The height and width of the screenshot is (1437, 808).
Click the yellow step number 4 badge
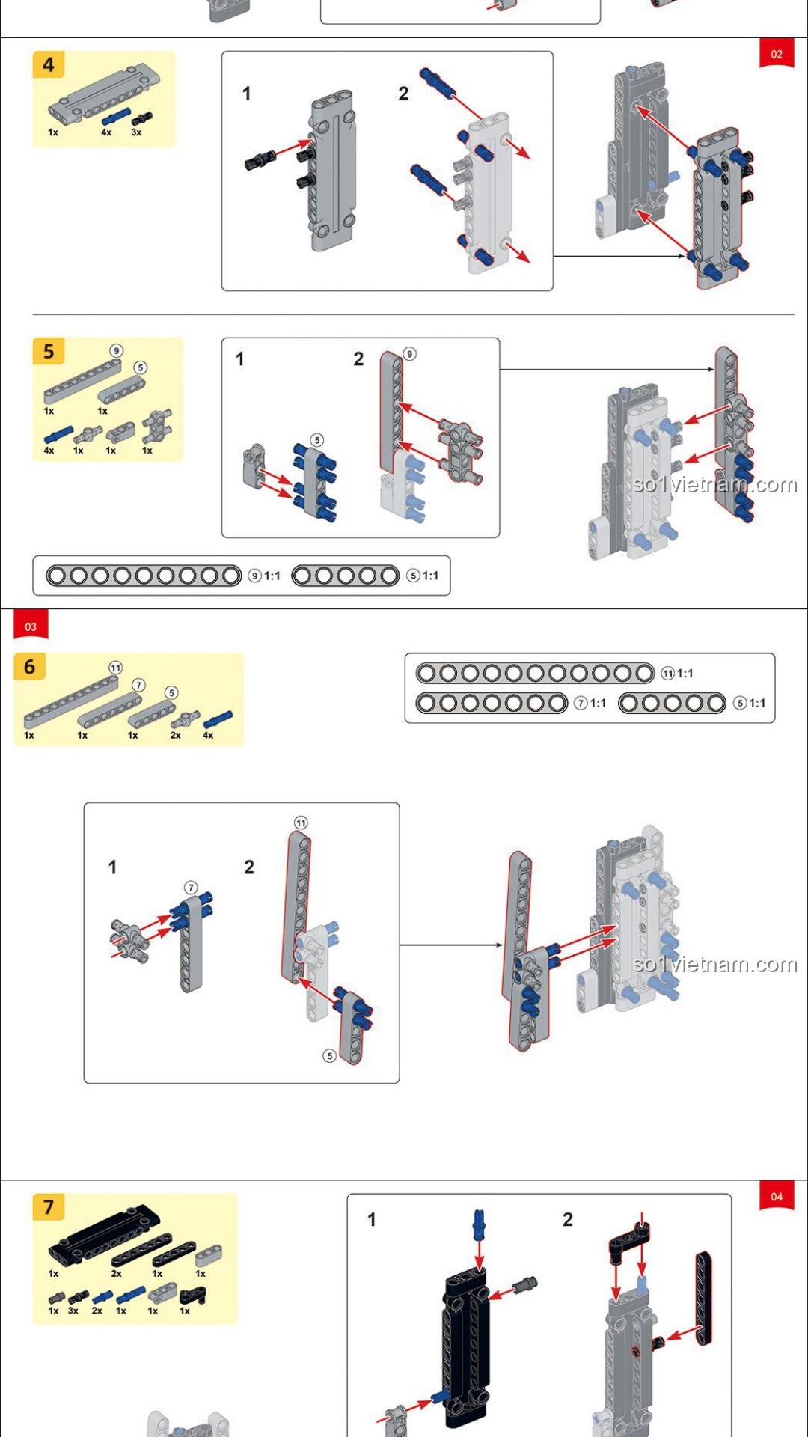pos(49,65)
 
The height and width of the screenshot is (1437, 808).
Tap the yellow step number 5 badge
pos(49,351)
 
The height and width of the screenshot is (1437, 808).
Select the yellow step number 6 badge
pos(30,666)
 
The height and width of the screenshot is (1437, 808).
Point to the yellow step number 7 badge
pos(49,1206)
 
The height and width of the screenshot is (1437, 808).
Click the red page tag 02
pos(777,54)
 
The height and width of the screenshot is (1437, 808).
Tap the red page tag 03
pos(31,626)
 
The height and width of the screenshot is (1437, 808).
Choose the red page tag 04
pos(777,1196)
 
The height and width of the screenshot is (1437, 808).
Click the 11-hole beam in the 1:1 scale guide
pos(534,674)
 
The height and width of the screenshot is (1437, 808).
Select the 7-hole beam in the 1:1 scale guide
pos(492,704)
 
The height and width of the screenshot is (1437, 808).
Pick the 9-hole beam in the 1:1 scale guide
pos(144,576)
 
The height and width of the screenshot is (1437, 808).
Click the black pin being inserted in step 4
pos(259,159)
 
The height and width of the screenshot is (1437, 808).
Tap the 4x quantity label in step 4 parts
pos(106,132)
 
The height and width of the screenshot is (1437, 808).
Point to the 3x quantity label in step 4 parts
pos(136,132)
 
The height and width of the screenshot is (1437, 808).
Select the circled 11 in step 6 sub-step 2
pos(301,823)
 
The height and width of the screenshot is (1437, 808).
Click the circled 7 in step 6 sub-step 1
pos(191,888)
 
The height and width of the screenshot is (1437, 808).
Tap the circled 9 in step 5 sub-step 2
pos(409,354)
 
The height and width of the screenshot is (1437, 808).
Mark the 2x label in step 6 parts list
pos(175,735)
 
